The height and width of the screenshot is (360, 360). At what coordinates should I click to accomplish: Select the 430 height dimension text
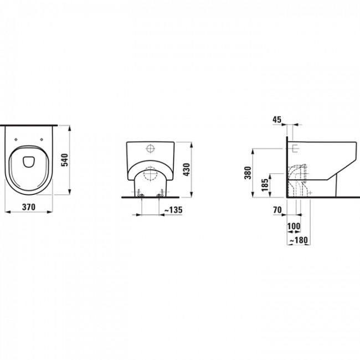point(187,169)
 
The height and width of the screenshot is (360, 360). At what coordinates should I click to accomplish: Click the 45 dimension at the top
point(277,119)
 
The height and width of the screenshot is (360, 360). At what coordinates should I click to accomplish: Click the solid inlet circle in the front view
point(151,148)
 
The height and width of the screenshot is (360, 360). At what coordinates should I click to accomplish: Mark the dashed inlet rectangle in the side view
point(294,148)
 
